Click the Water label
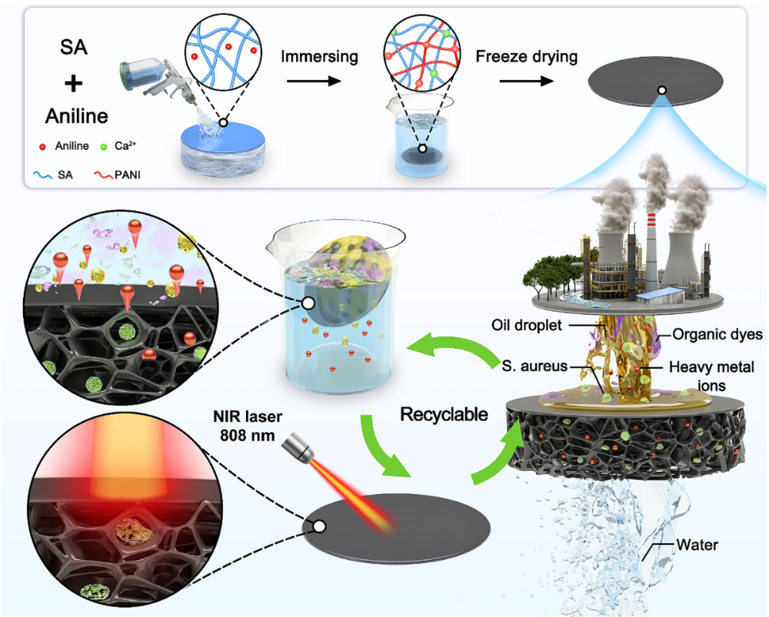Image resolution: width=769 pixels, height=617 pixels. click(697, 545)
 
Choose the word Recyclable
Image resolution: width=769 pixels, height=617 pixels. click(444, 414)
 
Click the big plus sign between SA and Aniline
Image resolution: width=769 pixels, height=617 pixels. click(67, 84)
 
